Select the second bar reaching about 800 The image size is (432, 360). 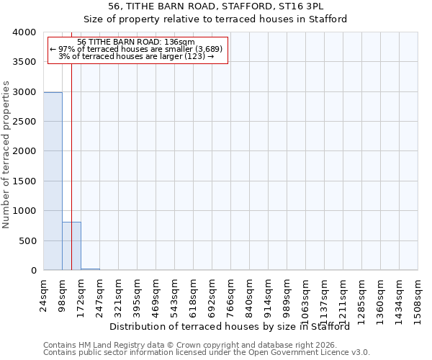(71, 246)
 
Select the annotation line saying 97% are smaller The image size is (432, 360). (137, 49)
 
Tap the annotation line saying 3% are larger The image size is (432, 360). (137, 56)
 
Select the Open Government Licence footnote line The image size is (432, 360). (207, 353)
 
